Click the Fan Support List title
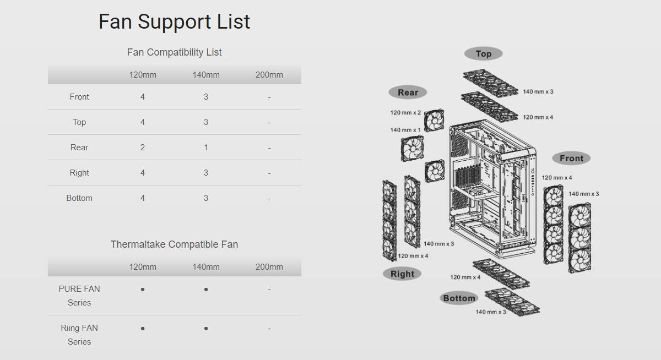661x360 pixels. pos(174,22)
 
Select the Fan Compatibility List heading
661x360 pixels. pos(174,52)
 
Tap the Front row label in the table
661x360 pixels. pos(79,97)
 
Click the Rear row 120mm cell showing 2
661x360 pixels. pos(143,148)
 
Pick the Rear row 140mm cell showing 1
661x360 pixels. pos(206,148)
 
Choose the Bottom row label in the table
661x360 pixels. pos(79,198)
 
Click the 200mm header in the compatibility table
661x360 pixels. pos(269,75)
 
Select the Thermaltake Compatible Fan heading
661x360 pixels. pos(174,244)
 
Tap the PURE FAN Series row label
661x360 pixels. pos(79,296)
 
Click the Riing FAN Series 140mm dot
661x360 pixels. pos(206,329)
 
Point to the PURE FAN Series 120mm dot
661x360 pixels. pos(143,290)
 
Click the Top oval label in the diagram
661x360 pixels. pos(484,53)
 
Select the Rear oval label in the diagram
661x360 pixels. pos(408,92)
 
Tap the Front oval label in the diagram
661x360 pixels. pos(571,159)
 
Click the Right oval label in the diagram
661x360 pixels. pos(402,274)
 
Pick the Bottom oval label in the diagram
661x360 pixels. pos(459,298)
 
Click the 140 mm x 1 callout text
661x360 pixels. pos(405,130)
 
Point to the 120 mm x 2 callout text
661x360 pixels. pos(405,113)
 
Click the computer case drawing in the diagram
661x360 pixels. pos(492,189)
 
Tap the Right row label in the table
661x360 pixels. pos(79,173)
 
